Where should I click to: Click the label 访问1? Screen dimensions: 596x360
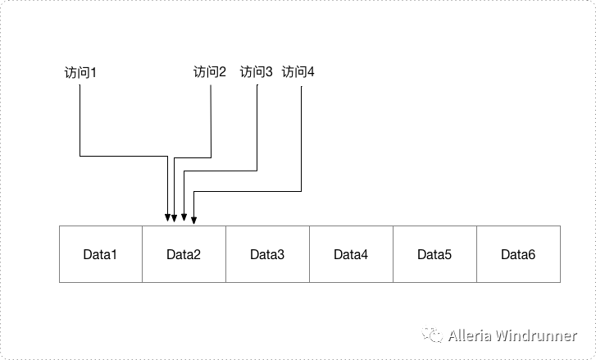tap(80, 73)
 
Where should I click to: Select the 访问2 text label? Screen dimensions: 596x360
tap(209, 72)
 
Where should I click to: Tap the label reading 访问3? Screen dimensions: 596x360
tap(256, 72)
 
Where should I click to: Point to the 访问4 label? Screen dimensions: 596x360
tap(298, 72)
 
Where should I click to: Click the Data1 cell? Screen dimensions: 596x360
tap(101, 254)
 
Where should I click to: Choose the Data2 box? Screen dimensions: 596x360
tap(184, 254)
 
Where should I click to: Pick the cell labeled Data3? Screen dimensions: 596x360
tap(267, 254)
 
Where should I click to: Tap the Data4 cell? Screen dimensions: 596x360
tap(351, 254)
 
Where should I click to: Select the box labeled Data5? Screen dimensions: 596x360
tap(434, 254)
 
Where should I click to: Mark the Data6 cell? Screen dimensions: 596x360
tap(518, 254)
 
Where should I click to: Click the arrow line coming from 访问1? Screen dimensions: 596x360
tap(80, 123)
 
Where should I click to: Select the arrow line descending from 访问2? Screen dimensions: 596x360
tap(212, 123)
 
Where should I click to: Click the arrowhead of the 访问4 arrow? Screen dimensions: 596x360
tap(193, 220)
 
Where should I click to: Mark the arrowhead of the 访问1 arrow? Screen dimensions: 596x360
tap(167, 218)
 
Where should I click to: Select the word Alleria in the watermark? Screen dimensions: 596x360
tap(470, 335)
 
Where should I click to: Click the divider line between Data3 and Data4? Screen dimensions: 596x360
tap(309, 254)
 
